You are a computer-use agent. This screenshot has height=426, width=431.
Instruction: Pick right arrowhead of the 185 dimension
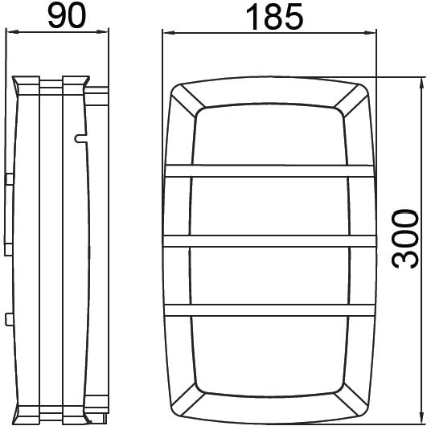pos(373,32)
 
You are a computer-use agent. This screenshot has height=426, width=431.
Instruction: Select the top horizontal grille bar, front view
pos(270,170)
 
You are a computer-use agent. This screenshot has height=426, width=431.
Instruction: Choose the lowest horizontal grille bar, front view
pos(270,309)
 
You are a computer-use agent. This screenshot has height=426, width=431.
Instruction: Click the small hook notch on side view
pos(78,139)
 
